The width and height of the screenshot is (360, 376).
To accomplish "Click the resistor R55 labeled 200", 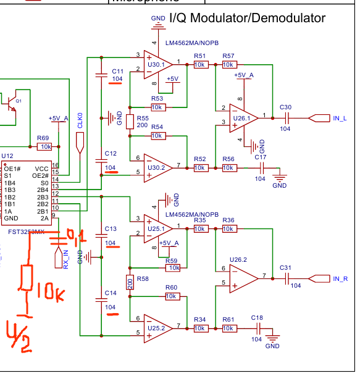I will pos(130,122).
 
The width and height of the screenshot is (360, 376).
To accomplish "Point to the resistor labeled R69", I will pos(45,147).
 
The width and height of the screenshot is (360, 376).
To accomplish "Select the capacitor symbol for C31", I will pos(286,279).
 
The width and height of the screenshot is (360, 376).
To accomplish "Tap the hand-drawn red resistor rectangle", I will pos(27,277).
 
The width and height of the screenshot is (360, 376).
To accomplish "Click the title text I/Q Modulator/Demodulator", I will pos(247,19).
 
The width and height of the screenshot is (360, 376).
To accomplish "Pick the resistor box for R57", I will pos(228,64).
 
